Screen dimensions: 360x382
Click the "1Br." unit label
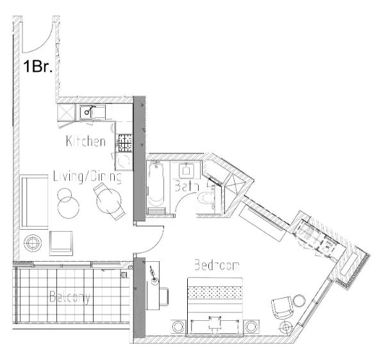(38, 67)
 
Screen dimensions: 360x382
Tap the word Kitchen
(86, 141)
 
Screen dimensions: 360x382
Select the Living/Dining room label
(87, 176)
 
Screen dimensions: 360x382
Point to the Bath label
(185, 187)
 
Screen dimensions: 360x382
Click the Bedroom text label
(216, 264)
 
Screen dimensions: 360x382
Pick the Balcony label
(70, 298)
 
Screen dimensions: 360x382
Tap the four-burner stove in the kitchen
(124, 140)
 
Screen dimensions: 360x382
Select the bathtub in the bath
(156, 187)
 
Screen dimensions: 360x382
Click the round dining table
(108, 202)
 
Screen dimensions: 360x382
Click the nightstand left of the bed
(177, 327)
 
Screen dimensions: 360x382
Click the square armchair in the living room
(62, 241)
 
